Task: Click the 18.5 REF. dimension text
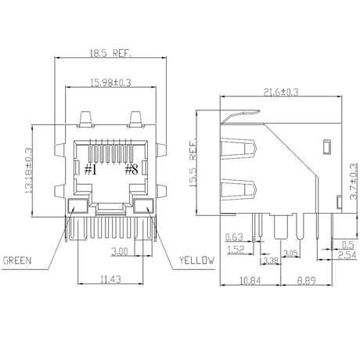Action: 110,53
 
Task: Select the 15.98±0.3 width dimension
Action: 110,83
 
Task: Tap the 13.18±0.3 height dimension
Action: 28,171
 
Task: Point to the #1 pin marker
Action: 91,170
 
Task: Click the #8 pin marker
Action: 131,170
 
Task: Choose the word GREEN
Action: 17,260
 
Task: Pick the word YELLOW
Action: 196,260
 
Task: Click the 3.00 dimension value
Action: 120,251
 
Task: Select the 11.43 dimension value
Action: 111,279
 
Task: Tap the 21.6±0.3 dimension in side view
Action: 281,92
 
